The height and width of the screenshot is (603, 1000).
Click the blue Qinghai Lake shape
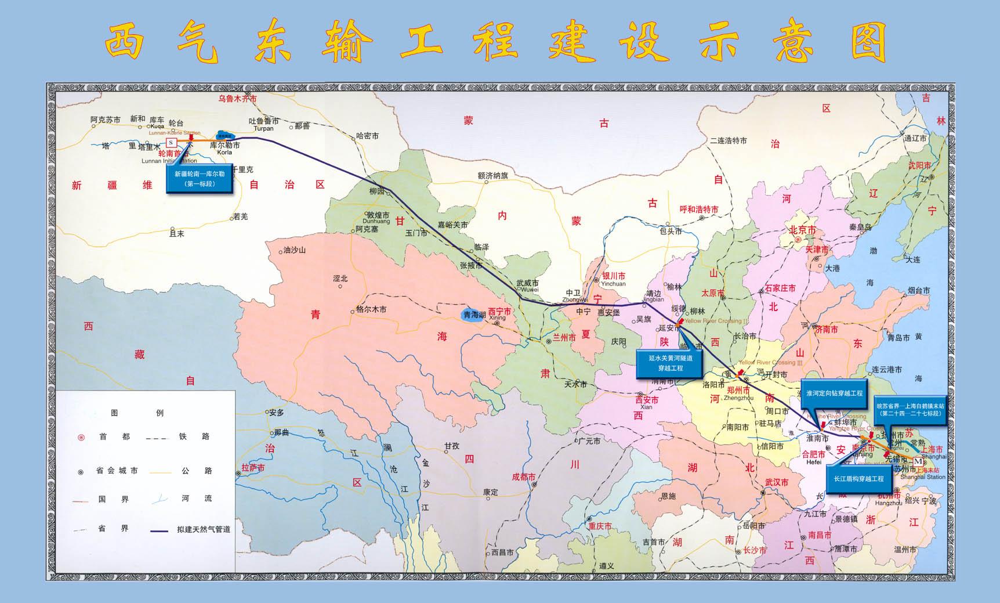470,315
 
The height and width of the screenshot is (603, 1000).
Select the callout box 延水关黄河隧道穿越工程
670,364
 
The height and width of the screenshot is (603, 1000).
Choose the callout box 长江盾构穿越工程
858,479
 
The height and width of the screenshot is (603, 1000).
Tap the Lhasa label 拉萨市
253,467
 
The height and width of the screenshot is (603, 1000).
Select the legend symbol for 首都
81,437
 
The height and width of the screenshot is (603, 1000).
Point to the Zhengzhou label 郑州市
738,391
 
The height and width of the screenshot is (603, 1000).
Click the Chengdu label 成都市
524,476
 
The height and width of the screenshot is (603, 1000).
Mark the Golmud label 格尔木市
371,309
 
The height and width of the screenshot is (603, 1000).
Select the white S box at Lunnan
171,142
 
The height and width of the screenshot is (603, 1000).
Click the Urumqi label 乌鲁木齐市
237,99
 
